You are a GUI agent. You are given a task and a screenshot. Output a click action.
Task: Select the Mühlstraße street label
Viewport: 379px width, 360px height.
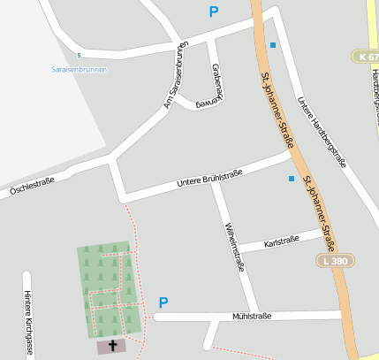pos(251,316)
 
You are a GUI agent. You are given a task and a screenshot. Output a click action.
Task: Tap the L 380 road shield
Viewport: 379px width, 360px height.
pos(333,261)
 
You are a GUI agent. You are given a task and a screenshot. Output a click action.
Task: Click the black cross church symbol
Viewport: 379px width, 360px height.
pos(113,345)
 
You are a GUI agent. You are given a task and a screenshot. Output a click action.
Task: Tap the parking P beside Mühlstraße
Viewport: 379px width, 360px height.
pos(163,303)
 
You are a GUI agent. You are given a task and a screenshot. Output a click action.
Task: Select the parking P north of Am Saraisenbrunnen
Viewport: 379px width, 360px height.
pos(212,11)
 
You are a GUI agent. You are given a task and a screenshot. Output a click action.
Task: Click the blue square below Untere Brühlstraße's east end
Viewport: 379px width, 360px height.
pos(292,179)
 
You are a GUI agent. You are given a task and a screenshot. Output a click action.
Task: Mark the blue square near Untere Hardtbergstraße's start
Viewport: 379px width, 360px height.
pos(272,44)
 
